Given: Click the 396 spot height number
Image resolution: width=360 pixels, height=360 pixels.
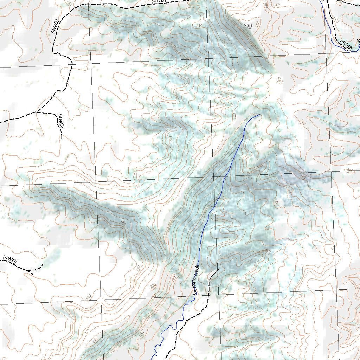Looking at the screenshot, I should tap(247, 25).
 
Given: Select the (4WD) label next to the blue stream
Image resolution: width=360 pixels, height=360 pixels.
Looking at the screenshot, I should tap(346, 45).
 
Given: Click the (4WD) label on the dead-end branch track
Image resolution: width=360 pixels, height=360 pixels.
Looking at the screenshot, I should tap(60, 121).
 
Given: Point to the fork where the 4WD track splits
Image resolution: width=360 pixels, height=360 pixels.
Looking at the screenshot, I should tap(37, 112).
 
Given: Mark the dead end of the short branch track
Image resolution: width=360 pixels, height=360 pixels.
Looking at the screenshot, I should tap(62, 138).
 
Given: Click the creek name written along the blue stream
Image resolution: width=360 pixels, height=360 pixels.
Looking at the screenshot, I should tap(196, 279).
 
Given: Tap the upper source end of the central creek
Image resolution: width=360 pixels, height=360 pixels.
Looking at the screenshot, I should tap(259, 115).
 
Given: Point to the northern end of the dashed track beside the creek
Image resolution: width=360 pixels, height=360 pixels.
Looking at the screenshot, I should tap(218, 269).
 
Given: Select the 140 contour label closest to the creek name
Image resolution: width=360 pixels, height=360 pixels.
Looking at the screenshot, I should tap(173, 278).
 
